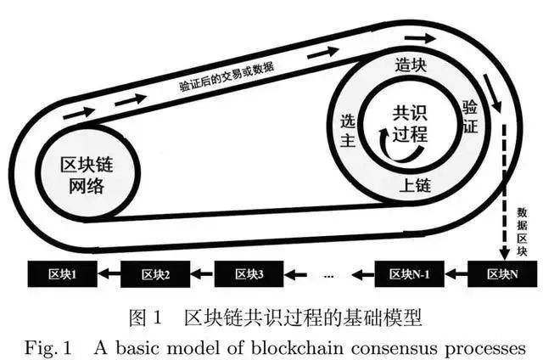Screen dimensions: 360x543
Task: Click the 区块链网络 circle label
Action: [83, 175]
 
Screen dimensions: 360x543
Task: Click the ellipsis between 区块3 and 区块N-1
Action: [328, 275]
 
